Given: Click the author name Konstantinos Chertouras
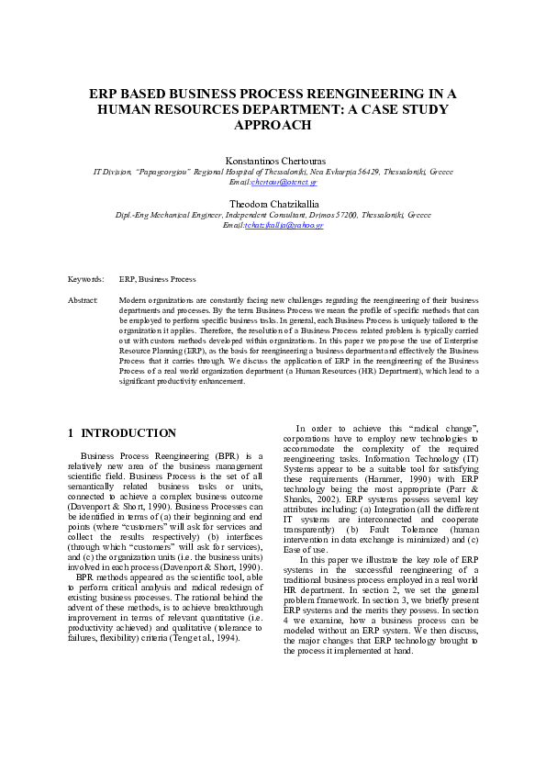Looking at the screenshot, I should tap(273, 160).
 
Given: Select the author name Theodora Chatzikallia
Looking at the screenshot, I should tap(273, 204).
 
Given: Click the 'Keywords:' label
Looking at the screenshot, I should tap(85, 279).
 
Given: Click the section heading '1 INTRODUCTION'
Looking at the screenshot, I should tap(122, 432).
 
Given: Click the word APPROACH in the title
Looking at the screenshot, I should tap(273, 125).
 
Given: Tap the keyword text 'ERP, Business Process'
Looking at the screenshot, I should tap(157, 279).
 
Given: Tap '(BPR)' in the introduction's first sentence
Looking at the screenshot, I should tap(228, 455).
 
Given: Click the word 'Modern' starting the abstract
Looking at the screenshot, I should tap(133, 300).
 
